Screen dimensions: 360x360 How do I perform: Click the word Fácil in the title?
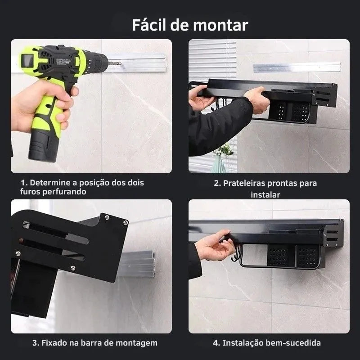tap(149, 25)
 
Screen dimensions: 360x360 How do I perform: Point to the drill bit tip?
tap(121, 63)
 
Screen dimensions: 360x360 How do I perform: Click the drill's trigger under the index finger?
tap(74, 91)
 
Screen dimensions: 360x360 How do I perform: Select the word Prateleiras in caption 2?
tap(244, 183)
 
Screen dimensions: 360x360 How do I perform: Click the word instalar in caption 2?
tap(265, 195)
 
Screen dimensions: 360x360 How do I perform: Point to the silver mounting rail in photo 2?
tap(297, 67)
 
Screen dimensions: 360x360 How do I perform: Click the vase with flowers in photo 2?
tap(220, 158)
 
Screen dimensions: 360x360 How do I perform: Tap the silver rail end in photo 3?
tap(153, 264)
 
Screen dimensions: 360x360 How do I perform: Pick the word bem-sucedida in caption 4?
tap(293, 343)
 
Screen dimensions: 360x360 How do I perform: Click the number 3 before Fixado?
tap(35, 343)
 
